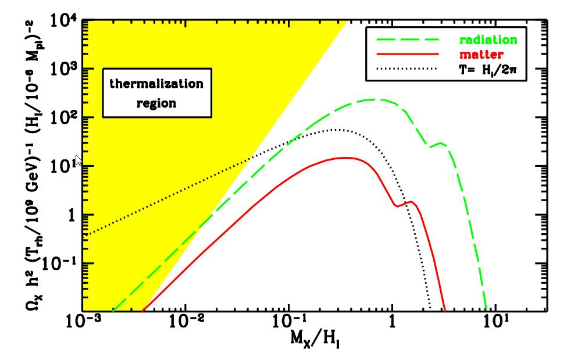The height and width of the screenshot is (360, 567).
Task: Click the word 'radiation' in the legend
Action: [x=487, y=41]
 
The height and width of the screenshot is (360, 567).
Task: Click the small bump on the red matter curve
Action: [x=411, y=202]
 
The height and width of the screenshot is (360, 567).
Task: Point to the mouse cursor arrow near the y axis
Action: [x=80, y=161]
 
